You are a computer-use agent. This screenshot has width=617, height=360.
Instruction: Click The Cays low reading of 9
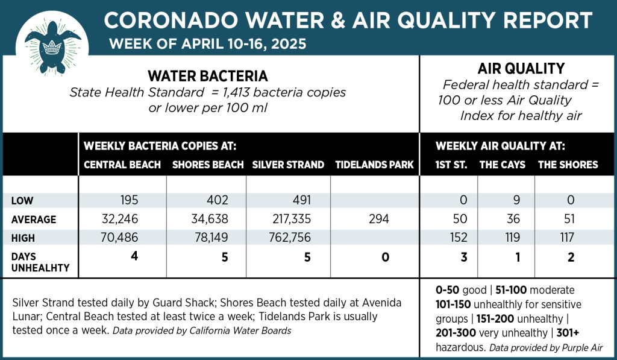(507, 200)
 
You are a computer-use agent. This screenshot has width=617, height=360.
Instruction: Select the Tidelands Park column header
(374, 165)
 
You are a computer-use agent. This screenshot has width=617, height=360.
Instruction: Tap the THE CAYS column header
(503, 165)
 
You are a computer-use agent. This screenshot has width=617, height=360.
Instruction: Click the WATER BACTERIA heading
(208, 77)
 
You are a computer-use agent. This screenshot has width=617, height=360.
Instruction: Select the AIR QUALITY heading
(521, 68)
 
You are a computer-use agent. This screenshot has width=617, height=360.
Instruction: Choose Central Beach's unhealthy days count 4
(136, 256)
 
